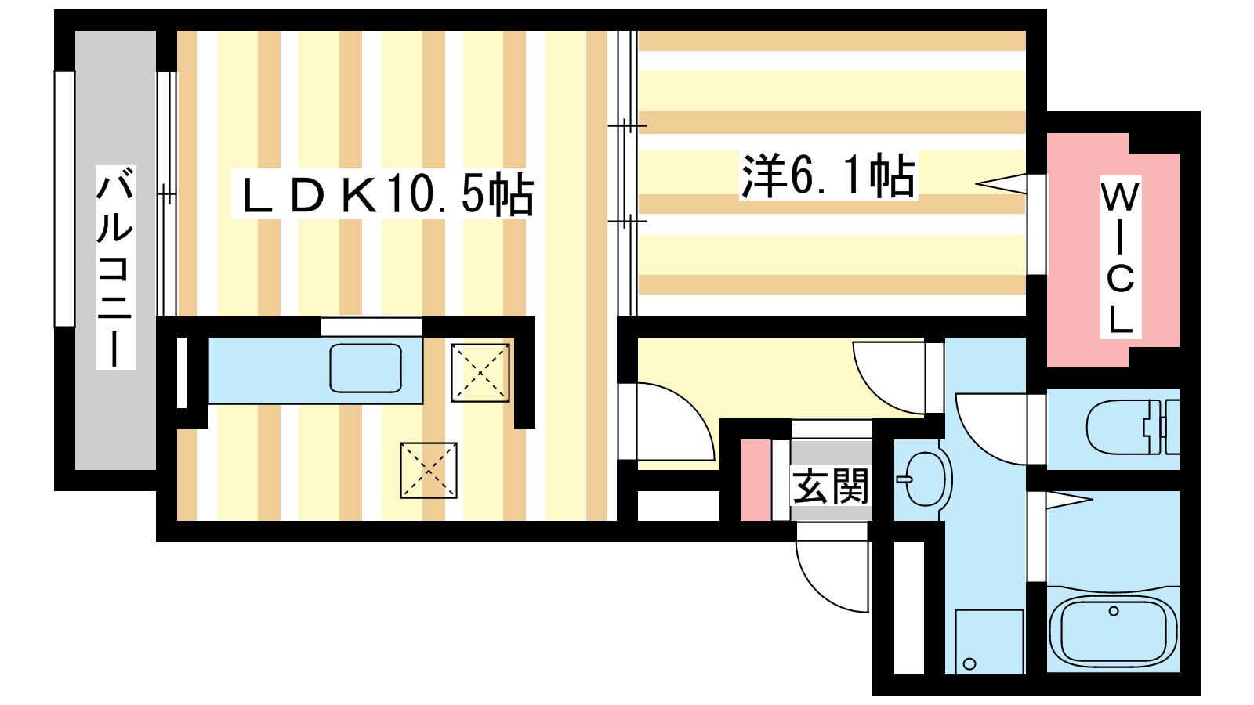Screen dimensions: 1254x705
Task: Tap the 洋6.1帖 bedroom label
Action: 828,175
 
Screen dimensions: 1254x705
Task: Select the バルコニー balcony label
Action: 115,267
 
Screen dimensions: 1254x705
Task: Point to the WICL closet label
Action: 1120,257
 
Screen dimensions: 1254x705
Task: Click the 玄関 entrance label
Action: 831,486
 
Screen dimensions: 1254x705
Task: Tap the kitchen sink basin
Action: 365,367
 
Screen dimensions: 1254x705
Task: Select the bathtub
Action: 1113,630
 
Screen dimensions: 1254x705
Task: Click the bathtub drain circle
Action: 1114,611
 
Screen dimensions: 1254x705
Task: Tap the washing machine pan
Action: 989,642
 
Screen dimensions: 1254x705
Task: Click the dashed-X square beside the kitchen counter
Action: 480,372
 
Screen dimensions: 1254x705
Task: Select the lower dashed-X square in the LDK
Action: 428,470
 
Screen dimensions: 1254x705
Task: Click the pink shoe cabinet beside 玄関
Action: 756,480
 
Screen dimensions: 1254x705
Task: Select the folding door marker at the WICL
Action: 1001,183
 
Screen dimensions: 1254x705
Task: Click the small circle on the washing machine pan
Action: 969,663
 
